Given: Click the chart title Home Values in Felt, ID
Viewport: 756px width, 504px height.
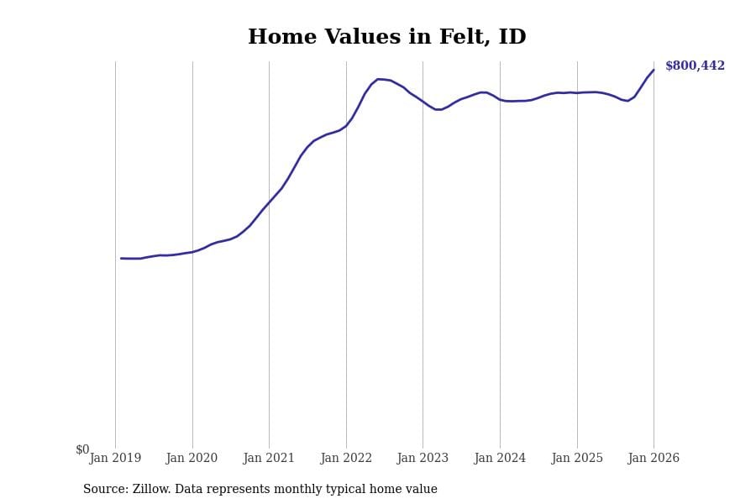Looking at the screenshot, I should pos(386,38).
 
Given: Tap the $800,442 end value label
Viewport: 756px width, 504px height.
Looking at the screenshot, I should pos(695,66).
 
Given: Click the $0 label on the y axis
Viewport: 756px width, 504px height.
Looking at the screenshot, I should pos(82,449).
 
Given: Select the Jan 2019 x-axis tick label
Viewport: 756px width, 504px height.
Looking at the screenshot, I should pos(115,458).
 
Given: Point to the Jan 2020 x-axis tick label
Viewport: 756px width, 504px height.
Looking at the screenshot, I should pos(192,458).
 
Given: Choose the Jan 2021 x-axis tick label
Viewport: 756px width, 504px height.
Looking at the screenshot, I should pos(269,458).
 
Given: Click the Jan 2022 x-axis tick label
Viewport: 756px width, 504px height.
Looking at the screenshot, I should pos(346,458).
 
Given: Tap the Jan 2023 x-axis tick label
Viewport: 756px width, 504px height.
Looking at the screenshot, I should pos(423,458).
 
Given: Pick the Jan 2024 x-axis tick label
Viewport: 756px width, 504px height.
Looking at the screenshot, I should pos(500,458).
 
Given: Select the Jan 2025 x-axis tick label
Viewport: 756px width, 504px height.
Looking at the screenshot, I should pos(577,458).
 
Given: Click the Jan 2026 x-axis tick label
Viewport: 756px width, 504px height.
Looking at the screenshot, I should pos(654,458).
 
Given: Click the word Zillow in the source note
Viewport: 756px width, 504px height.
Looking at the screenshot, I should pos(150,490).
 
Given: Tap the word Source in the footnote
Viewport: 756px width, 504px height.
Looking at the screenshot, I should pos(105,490).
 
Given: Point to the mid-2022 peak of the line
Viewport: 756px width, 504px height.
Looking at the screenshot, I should pos(378,79).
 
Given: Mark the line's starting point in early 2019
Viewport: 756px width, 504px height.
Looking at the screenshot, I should pos(121,258).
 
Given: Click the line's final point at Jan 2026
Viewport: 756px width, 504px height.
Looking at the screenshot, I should pos(654,70).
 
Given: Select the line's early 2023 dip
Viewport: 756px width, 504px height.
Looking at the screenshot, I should pos(438,109).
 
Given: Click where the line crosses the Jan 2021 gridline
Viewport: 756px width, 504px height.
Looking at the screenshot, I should pos(269,202).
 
